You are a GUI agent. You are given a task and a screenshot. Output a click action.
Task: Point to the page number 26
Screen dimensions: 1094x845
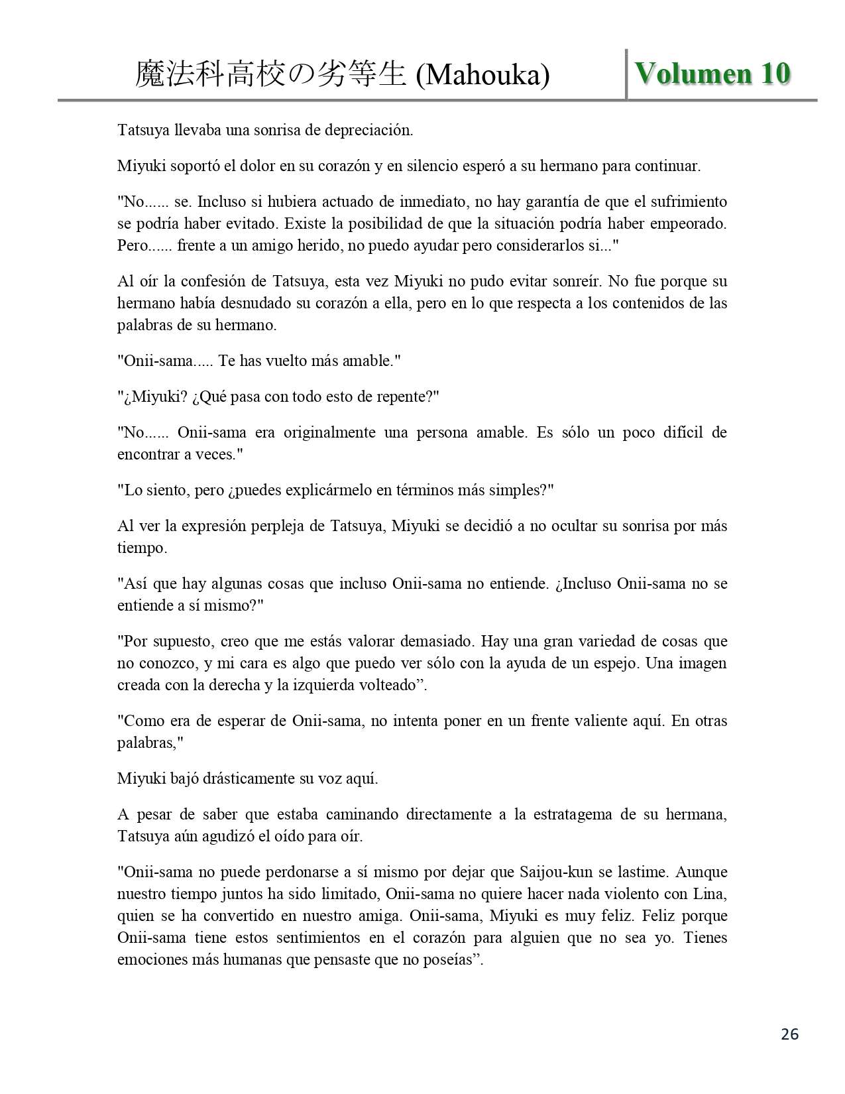point(789,1034)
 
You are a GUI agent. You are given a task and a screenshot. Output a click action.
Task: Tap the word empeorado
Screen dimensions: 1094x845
point(689,223)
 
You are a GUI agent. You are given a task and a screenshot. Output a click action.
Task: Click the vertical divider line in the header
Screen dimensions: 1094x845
point(626,74)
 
